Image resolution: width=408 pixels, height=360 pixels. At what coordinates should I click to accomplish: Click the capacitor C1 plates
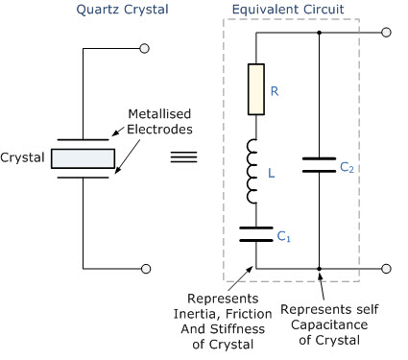point(257,234)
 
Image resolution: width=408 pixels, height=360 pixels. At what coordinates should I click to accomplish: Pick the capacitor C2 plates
point(319,165)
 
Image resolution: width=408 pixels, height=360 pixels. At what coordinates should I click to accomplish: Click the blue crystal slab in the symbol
point(83,157)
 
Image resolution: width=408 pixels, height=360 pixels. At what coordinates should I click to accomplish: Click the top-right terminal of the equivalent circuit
point(386,33)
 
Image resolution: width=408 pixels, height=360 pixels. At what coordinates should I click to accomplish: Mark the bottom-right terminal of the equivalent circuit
point(386,270)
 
